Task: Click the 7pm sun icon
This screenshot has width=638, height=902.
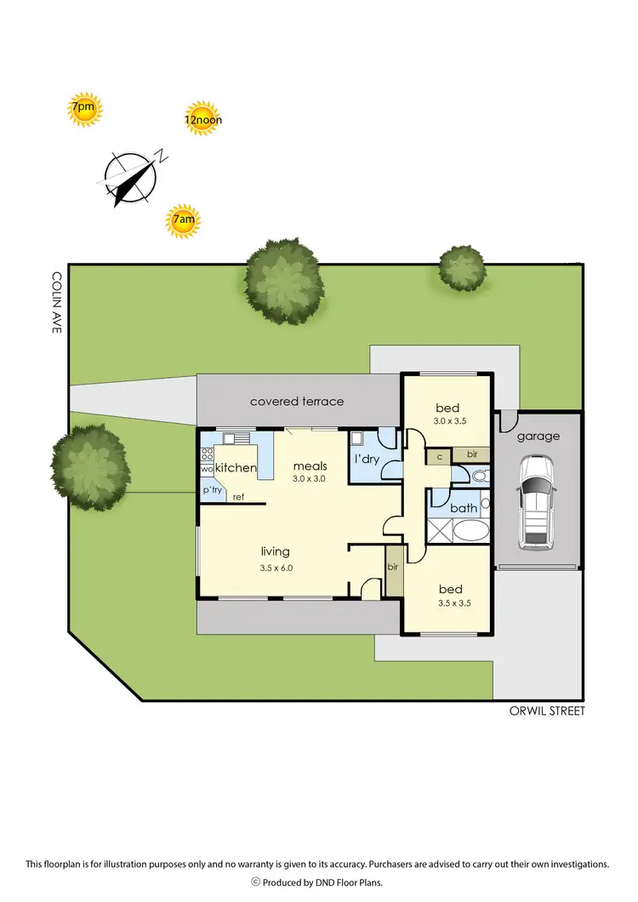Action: click(x=84, y=108)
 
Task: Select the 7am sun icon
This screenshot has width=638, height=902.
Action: click(x=184, y=221)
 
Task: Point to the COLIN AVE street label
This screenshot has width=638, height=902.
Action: click(x=56, y=301)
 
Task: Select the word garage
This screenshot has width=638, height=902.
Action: click(x=539, y=437)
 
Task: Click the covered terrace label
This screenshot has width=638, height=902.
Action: click(x=296, y=401)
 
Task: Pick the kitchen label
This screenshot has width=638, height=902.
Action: click(x=236, y=468)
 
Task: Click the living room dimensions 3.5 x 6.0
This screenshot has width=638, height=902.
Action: click(x=276, y=567)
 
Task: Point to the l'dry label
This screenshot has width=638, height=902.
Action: click(x=367, y=460)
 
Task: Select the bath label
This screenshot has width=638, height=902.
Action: click(x=464, y=508)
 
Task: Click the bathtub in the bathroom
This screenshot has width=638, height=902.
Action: click(x=470, y=532)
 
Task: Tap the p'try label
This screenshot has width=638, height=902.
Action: click(x=212, y=491)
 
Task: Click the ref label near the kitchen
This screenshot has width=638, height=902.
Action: click(x=238, y=497)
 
